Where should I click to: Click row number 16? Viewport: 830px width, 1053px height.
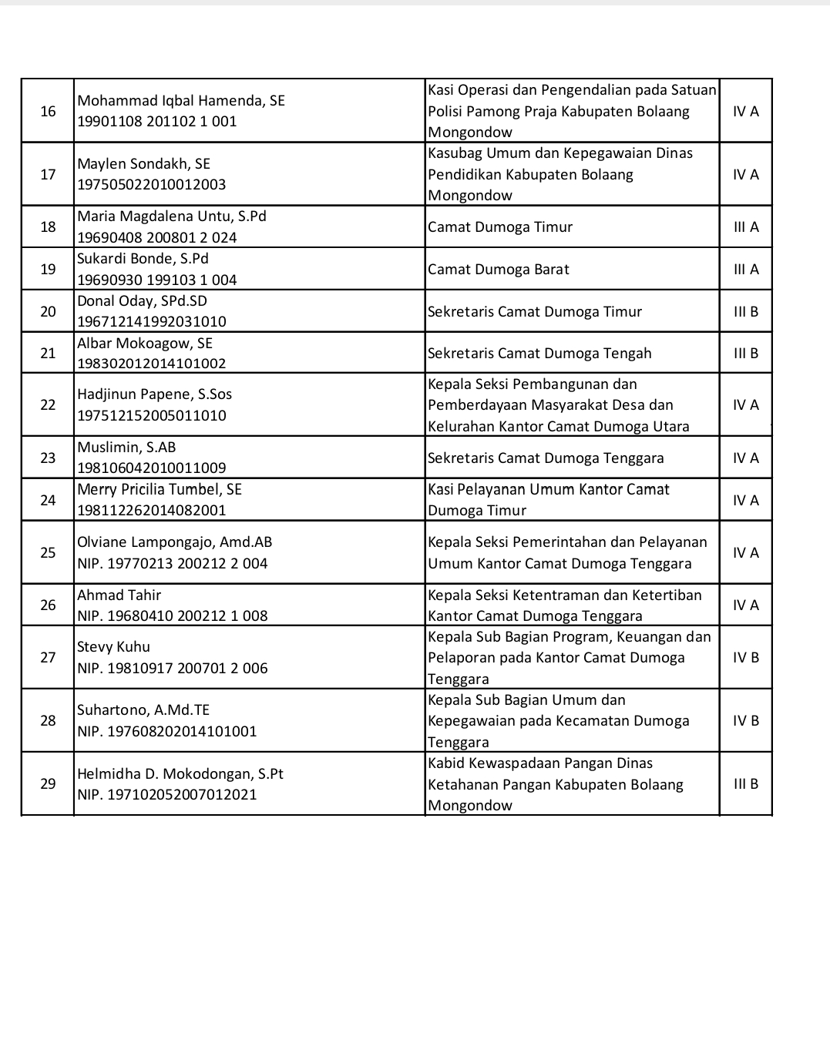pyautogui.click(x=48, y=111)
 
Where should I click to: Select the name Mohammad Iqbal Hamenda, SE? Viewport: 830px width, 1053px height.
pyautogui.click(x=181, y=100)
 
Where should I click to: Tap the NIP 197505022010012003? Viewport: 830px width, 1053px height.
pyautogui.click(x=152, y=185)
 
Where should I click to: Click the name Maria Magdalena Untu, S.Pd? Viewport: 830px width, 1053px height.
pyautogui.click(x=172, y=216)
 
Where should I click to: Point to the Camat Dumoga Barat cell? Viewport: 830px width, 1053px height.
pyautogui.click(x=499, y=269)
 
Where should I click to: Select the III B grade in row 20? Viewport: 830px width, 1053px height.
pyautogui.click(x=745, y=311)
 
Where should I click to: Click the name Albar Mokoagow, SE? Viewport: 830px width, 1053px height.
pyautogui.click(x=145, y=344)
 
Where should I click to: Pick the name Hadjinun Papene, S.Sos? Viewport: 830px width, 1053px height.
pyautogui.click(x=154, y=394)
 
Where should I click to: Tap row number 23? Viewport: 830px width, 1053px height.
pyautogui.click(x=48, y=458)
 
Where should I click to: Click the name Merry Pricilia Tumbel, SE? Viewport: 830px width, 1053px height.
pyautogui.click(x=160, y=490)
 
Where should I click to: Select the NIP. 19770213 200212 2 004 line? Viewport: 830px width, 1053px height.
pyautogui.click(x=173, y=563)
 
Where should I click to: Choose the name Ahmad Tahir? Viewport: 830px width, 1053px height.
pyautogui.click(x=119, y=595)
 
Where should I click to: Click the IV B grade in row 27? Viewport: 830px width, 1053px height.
pyautogui.click(x=745, y=657)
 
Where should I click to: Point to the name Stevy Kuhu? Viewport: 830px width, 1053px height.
pyautogui.click(x=113, y=647)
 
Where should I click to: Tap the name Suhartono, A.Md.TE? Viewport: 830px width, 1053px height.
pyautogui.click(x=143, y=710)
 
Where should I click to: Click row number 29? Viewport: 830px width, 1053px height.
pyautogui.click(x=48, y=783)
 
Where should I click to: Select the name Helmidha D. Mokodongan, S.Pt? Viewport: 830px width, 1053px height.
pyautogui.click(x=180, y=773)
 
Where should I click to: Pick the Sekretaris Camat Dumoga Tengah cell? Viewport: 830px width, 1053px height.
pyautogui.click(x=539, y=354)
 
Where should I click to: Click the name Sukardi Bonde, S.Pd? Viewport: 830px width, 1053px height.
pyautogui.click(x=143, y=259)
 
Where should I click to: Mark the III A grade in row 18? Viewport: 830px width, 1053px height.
pyautogui.click(x=745, y=226)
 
